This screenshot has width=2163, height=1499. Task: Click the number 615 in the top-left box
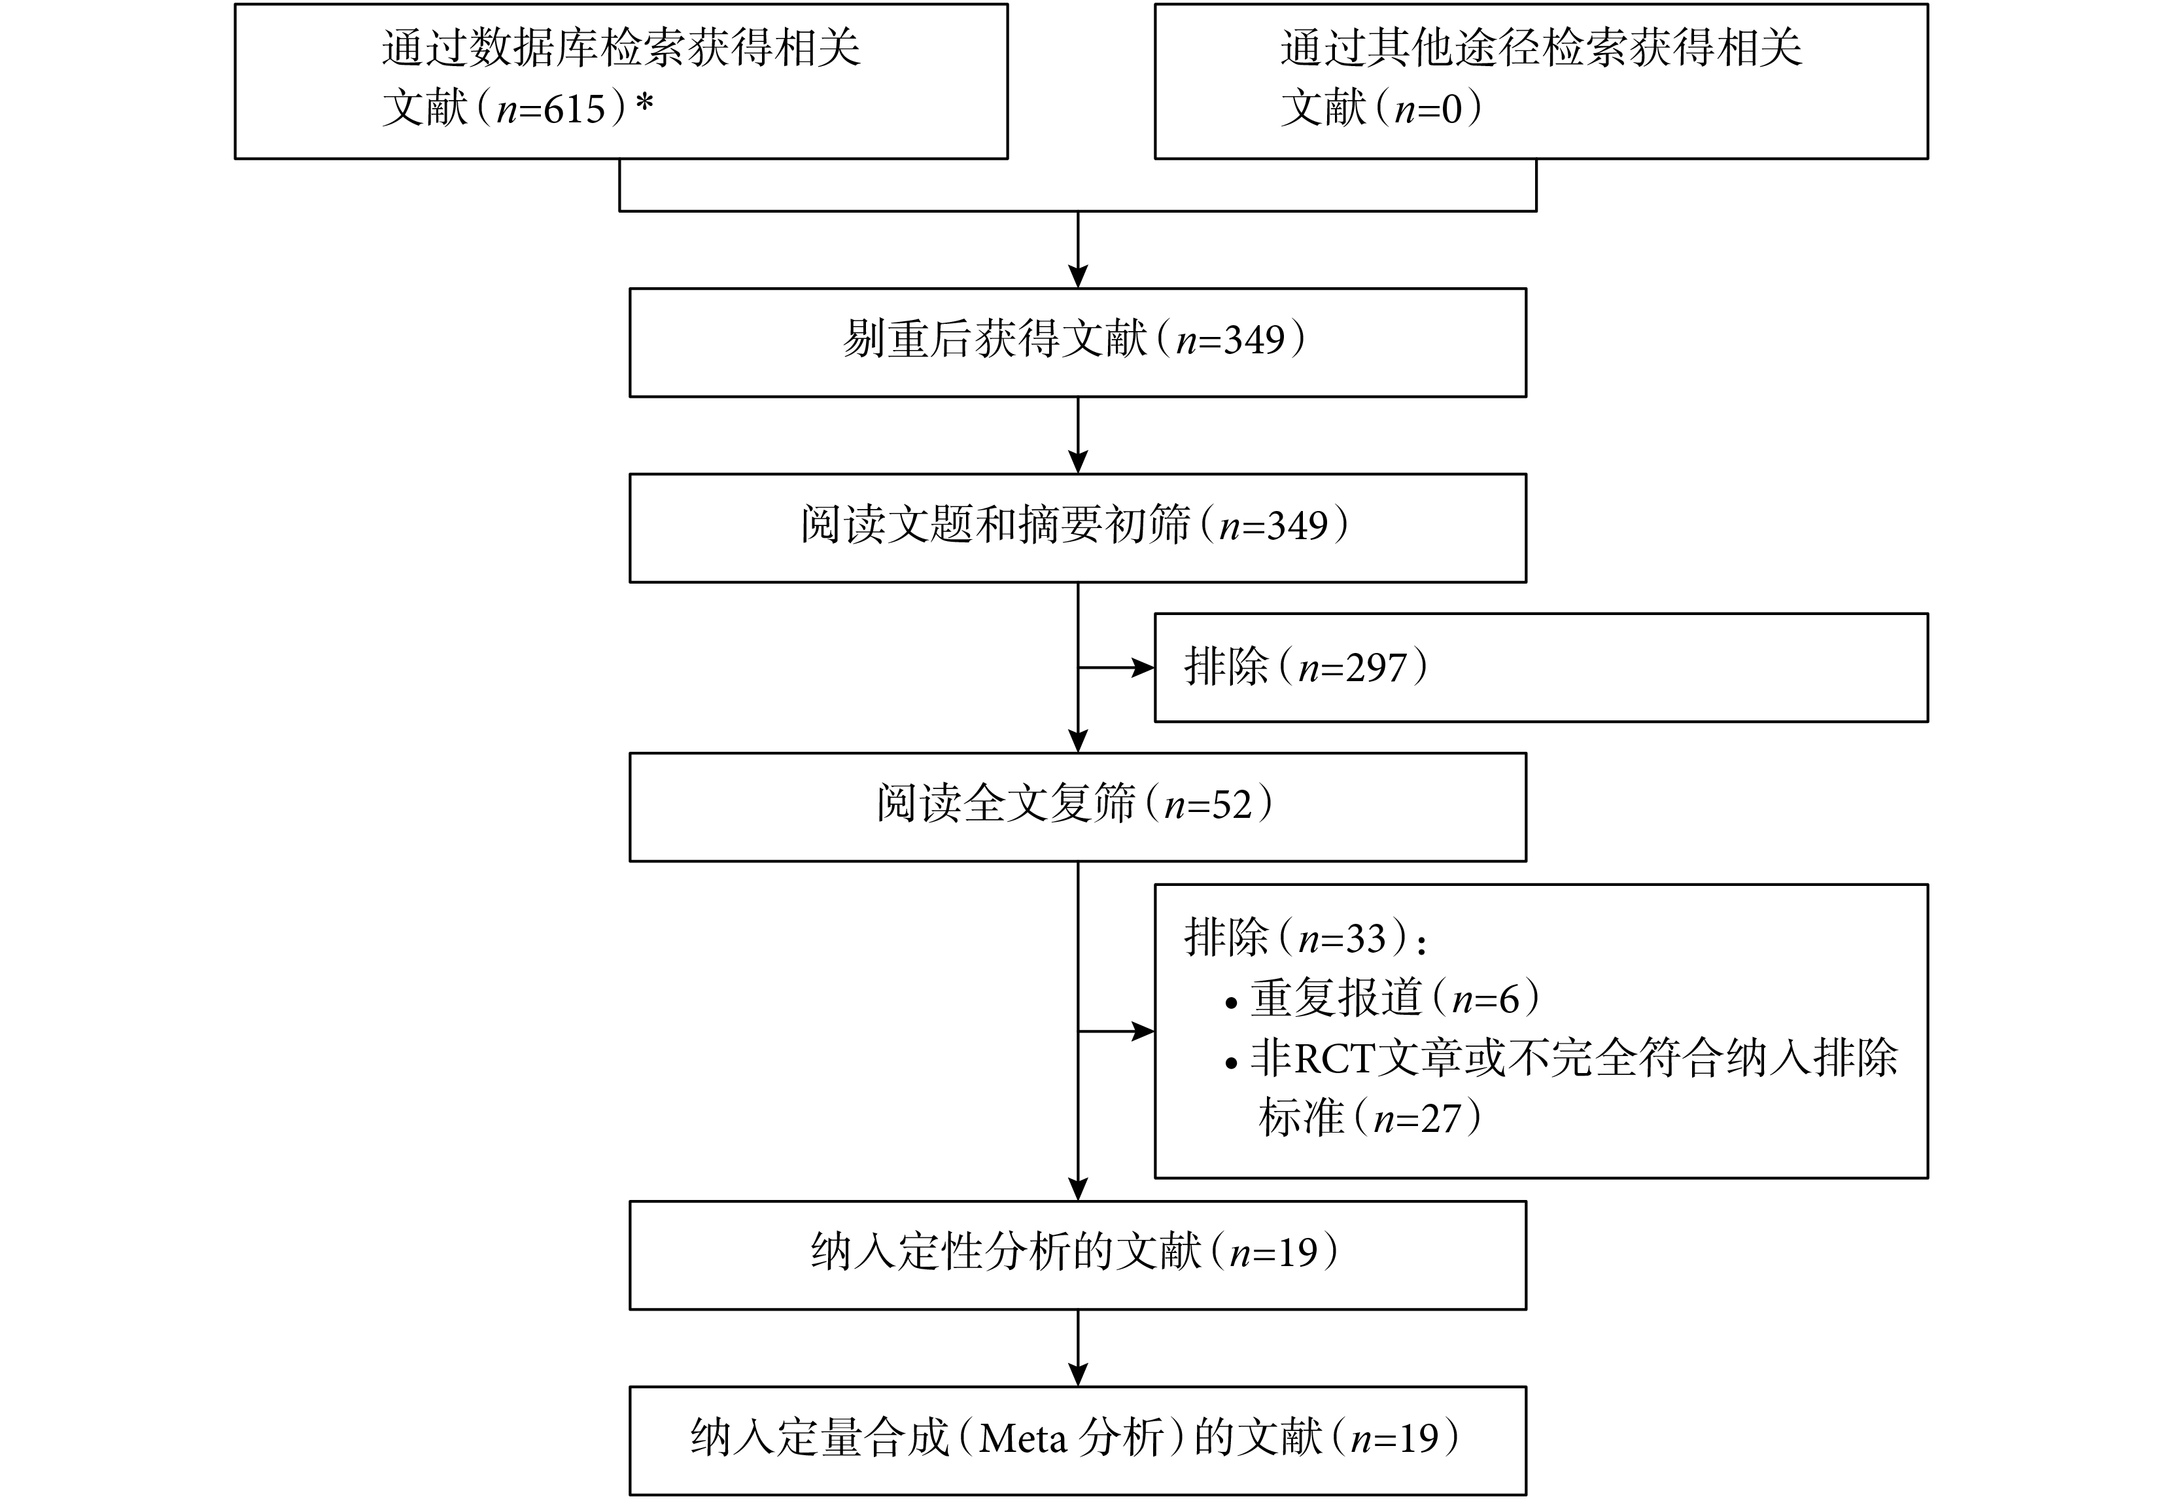[574, 110]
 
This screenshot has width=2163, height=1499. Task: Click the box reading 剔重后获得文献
[1078, 342]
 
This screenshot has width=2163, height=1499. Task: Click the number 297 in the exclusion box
[1376, 668]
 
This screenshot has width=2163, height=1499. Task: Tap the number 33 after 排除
[1366, 938]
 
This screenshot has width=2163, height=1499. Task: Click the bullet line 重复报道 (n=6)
[1383, 997]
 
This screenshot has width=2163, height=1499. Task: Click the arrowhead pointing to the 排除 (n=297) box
[1143, 668]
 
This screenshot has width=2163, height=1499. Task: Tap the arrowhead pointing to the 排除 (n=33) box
[1143, 1031]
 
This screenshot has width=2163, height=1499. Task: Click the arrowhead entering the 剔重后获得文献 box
[1078, 276]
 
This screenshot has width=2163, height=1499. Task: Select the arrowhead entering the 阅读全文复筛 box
[1078, 741]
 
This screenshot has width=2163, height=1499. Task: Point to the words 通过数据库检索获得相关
[621, 48]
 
